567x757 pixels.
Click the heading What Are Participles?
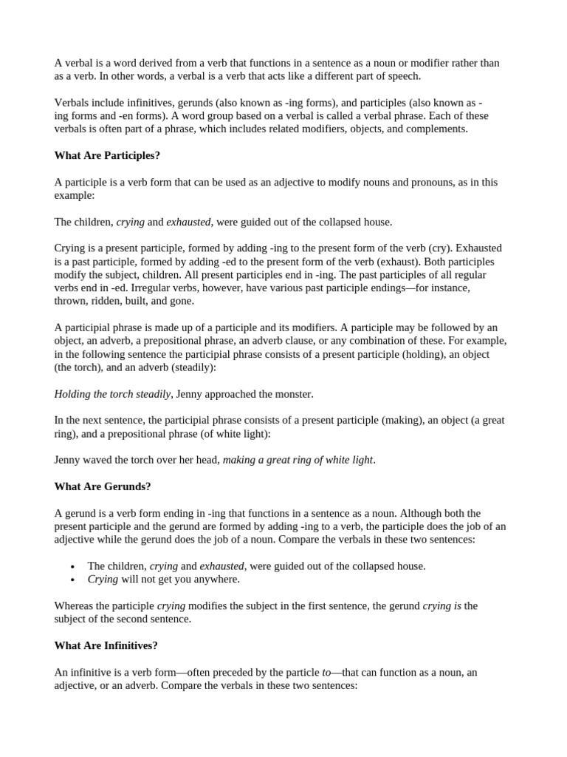pyautogui.click(x=107, y=155)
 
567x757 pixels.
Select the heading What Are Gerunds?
pyautogui.click(x=102, y=486)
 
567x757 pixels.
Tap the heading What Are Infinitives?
pyautogui.click(x=106, y=645)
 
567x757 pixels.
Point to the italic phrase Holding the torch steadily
pyautogui.click(x=112, y=394)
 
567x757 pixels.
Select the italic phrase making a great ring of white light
pyautogui.click(x=298, y=460)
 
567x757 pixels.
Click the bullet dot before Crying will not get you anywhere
pyautogui.click(x=72, y=580)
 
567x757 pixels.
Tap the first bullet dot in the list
pyautogui.click(x=72, y=566)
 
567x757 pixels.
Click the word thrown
pyautogui.click(x=71, y=301)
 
